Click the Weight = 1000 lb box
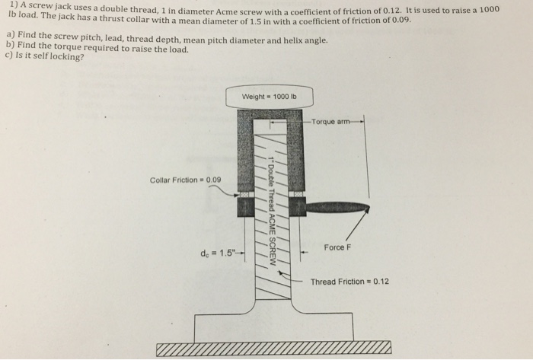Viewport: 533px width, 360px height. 270,97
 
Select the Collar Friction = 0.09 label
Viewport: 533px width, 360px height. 185,180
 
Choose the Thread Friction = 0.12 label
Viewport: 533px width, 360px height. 349,282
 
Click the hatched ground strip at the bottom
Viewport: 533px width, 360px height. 274,349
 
